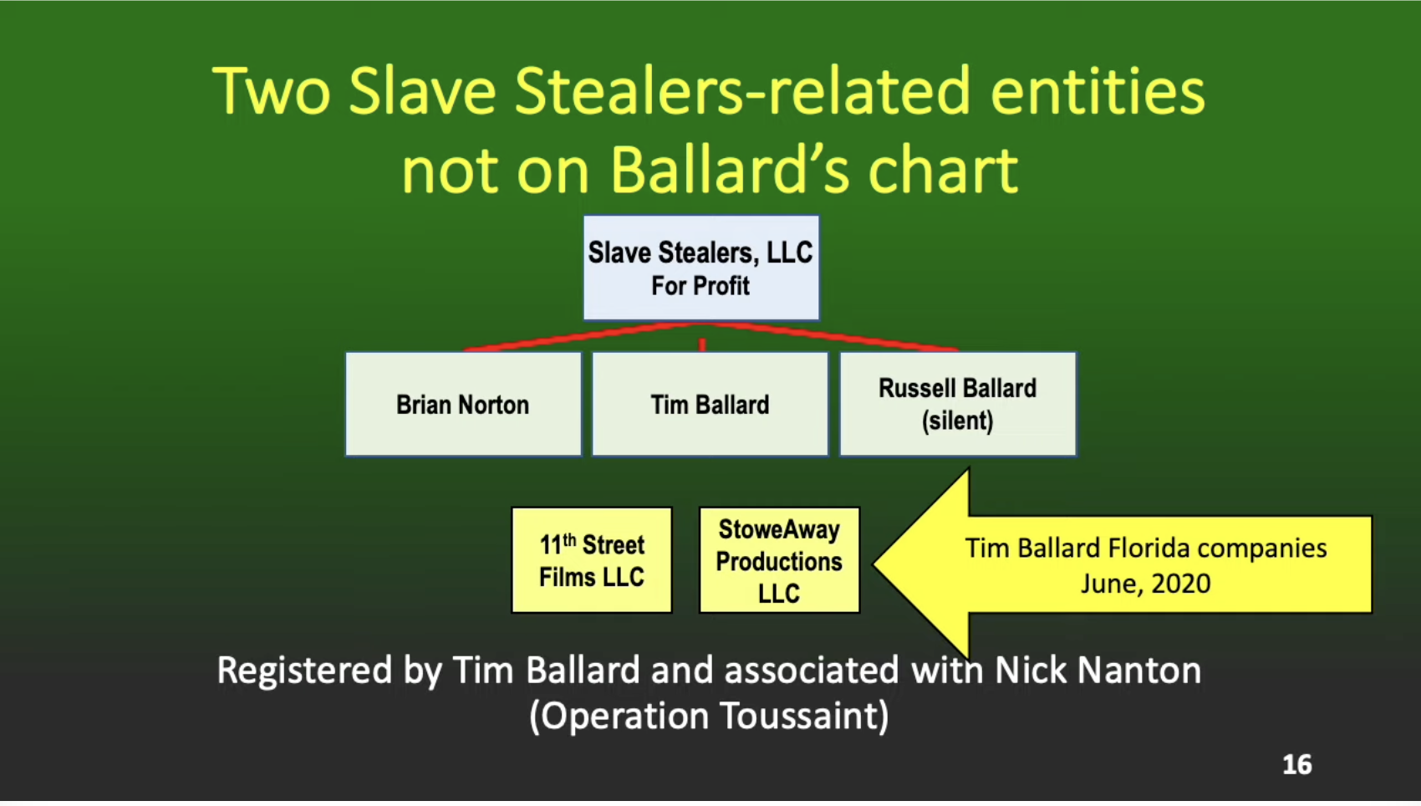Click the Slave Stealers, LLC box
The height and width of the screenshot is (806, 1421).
(x=701, y=268)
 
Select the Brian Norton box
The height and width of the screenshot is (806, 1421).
(x=463, y=405)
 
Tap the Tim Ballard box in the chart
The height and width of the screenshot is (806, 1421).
(x=710, y=405)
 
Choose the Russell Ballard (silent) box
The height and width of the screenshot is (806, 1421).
(x=958, y=405)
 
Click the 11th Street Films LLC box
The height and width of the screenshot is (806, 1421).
(x=592, y=559)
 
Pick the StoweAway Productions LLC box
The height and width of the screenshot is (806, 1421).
(x=779, y=559)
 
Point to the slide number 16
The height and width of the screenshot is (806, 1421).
(x=1297, y=765)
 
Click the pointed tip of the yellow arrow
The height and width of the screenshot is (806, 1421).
(x=874, y=563)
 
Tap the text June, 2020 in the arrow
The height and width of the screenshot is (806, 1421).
(x=1146, y=584)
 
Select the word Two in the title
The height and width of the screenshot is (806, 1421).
(x=272, y=91)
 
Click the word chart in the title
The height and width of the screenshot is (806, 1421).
(x=943, y=170)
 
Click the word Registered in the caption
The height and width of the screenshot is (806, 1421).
(x=304, y=671)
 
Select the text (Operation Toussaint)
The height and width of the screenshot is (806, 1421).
(x=709, y=717)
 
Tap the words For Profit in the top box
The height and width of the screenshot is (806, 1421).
(x=700, y=286)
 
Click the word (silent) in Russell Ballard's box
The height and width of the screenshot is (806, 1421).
(x=958, y=421)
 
